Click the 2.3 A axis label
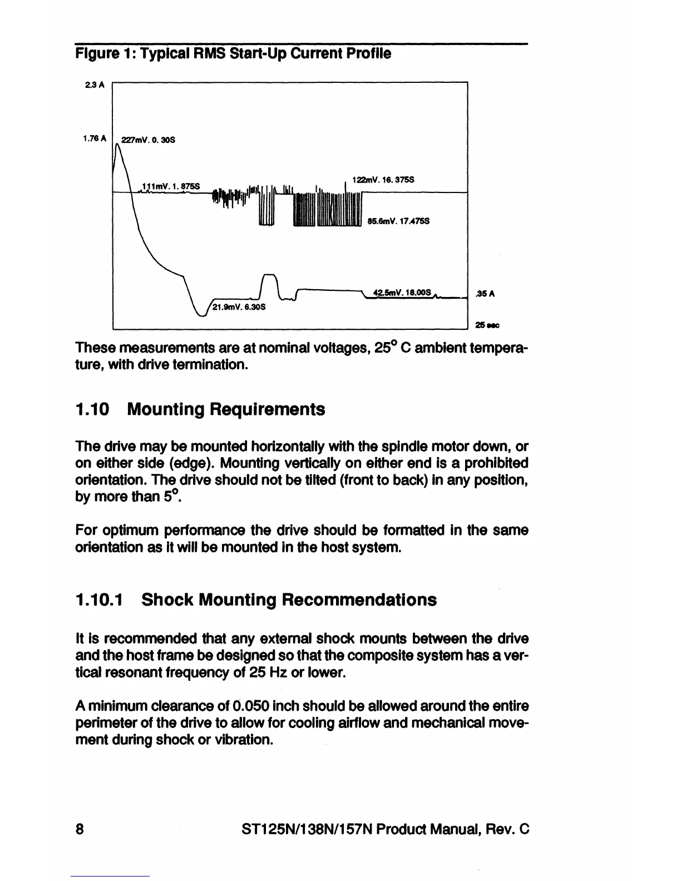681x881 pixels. (92, 85)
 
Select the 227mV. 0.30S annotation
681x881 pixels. (147, 140)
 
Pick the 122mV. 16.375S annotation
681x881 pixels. (382, 180)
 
